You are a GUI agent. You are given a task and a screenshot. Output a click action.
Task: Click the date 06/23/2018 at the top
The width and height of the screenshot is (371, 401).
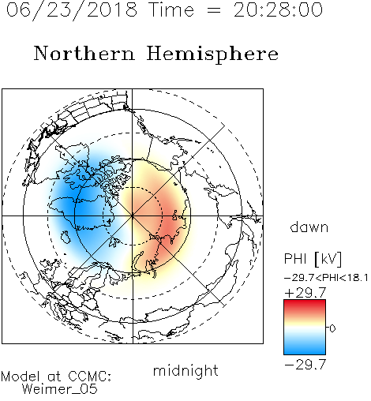(72, 9)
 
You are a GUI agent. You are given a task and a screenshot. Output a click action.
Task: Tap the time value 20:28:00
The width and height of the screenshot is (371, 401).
(278, 9)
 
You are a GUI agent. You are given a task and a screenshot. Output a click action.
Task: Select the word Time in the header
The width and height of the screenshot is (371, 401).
(171, 9)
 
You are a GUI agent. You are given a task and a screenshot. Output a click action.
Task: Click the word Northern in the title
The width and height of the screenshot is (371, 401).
(84, 54)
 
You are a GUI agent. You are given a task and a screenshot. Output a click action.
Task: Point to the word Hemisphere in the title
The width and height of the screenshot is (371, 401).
(212, 54)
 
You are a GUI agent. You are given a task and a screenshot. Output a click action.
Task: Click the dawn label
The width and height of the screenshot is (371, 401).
(309, 227)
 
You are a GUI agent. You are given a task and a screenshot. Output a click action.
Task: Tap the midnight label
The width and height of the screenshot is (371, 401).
(185, 370)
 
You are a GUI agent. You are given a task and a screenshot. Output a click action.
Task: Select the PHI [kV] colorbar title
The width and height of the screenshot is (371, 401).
(313, 259)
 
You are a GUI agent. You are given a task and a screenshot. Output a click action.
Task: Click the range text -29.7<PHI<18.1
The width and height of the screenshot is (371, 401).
(326, 278)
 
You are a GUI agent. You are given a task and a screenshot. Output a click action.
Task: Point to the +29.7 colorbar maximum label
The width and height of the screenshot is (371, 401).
(305, 293)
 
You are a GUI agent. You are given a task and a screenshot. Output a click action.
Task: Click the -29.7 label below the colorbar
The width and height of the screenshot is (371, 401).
(305, 364)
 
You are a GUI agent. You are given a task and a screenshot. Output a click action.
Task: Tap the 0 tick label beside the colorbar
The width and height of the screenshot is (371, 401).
(332, 328)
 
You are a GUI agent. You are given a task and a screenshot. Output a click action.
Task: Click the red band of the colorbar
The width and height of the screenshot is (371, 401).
(305, 306)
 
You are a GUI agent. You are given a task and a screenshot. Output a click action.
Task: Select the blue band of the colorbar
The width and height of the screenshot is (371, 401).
(305, 347)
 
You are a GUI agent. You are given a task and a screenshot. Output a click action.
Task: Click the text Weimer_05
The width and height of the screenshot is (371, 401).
(60, 389)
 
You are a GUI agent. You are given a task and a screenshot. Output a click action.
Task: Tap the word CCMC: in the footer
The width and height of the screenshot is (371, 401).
(90, 377)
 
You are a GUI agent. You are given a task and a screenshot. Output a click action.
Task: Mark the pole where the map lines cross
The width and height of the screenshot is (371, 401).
(133, 215)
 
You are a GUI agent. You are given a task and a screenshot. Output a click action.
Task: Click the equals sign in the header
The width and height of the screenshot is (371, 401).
(214, 10)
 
